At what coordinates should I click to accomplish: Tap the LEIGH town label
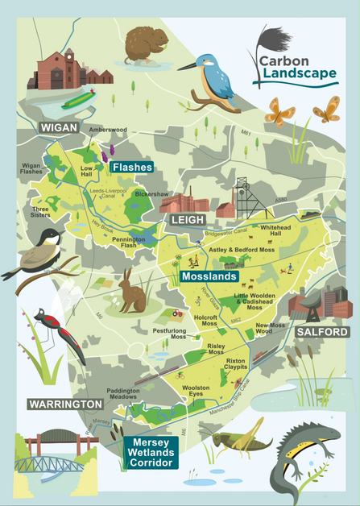coord(184,220)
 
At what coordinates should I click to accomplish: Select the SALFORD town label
coord(321,332)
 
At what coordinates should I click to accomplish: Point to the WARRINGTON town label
coord(65,403)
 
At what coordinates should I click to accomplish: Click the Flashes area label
coord(133,167)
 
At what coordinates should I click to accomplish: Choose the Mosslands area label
coord(209,276)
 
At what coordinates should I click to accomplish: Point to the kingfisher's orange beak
coord(184,64)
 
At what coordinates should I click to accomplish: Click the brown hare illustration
coord(130,292)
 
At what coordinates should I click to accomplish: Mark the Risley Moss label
coord(217,347)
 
